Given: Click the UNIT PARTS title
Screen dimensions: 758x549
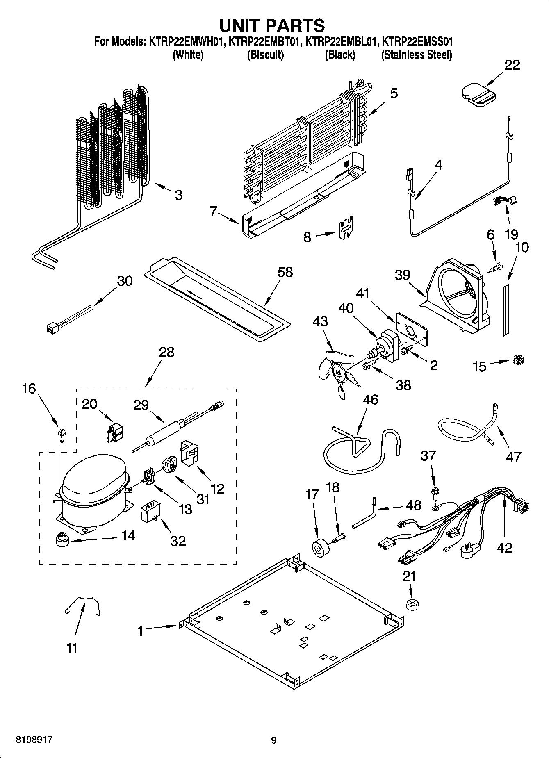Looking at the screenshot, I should point(272,25).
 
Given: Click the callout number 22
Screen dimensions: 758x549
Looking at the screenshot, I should point(512,65).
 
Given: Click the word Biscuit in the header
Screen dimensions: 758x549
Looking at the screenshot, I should point(265,55).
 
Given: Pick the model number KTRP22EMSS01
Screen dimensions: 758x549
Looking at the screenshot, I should point(417,41).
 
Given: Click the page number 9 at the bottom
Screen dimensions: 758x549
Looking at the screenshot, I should point(273,740).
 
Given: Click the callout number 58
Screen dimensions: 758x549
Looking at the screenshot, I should point(285,272).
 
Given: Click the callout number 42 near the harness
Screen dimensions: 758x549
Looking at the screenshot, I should point(504,547).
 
